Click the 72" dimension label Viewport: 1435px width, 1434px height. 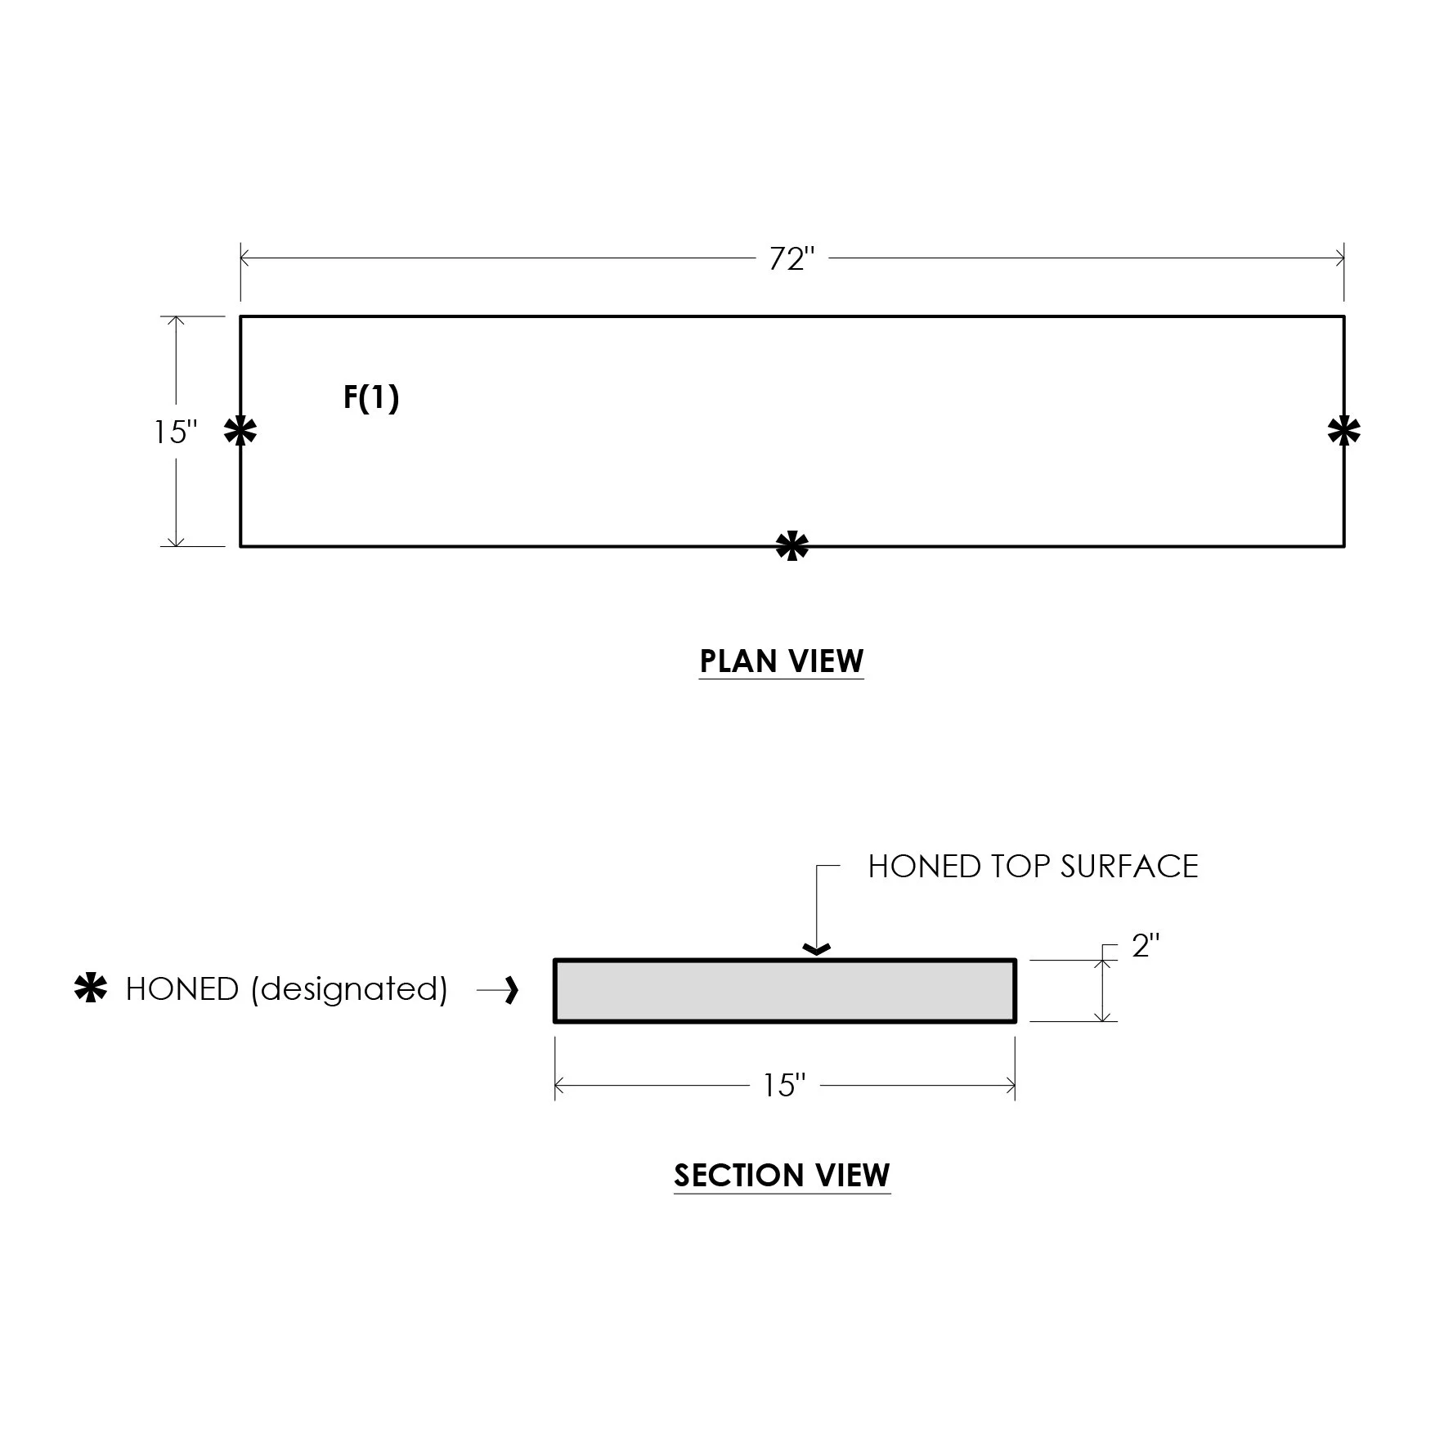coord(792,259)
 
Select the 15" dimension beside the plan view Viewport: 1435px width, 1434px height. coord(176,432)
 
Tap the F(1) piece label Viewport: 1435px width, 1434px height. coord(371,398)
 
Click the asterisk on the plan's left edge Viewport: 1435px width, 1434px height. coord(240,431)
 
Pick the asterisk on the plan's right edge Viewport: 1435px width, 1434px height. coord(1344,431)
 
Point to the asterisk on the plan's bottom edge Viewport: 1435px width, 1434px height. coord(792,546)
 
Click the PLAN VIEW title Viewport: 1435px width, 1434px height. coord(782,661)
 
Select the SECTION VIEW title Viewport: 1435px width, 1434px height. coord(782,1176)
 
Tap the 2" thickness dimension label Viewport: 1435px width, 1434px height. coord(1146,946)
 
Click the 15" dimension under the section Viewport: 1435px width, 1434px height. coord(784,1086)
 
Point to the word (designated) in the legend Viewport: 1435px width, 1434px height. coord(350,989)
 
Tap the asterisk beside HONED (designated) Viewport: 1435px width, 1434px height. coord(91,988)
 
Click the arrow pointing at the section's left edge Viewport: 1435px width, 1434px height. coord(497,990)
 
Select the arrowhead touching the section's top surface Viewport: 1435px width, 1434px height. coord(817,949)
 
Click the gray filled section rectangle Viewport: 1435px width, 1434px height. coord(785,991)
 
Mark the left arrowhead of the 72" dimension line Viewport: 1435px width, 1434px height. coord(244,258)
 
